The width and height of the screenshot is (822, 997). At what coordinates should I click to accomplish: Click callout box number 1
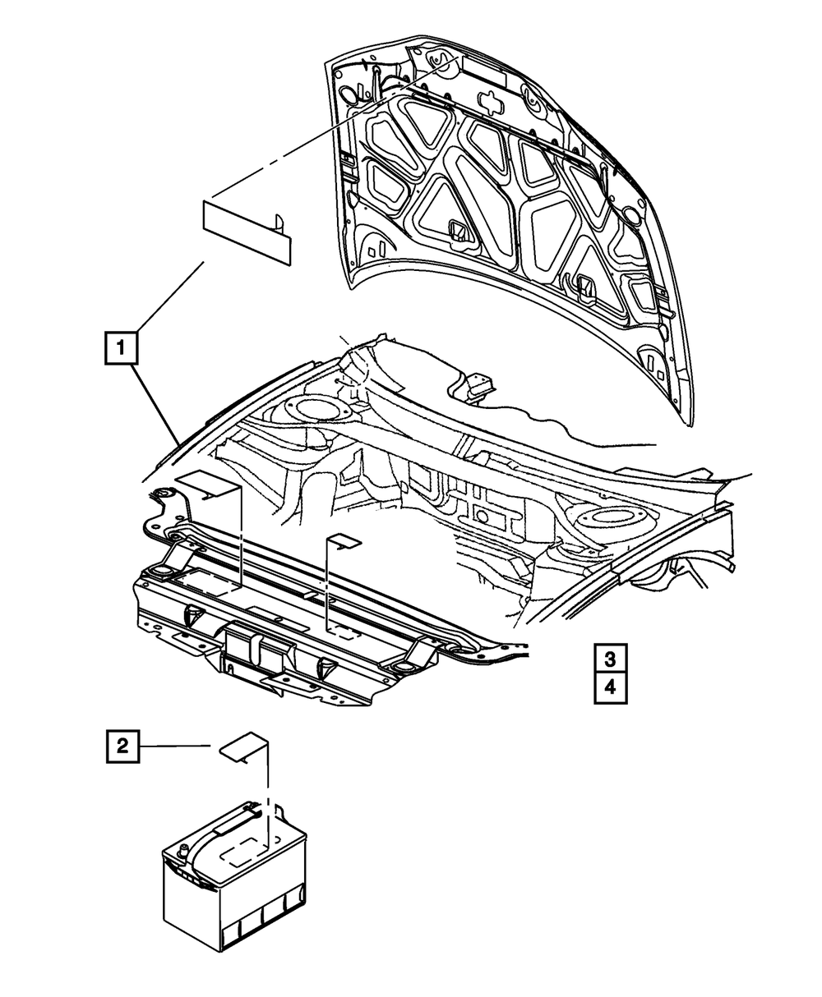pyautogui.click(x=120, y=347)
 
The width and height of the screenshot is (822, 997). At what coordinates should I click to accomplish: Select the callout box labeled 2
pyautogui.click(x=122, y=746)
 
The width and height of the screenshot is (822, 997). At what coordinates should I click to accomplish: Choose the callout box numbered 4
pyautogui.click(x=610, y=688)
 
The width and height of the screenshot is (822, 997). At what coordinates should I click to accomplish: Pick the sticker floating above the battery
pyautogui.click(x=242, y=748)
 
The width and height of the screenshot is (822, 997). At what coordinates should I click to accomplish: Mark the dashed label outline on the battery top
pyautogui.click(x=243, y=853)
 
